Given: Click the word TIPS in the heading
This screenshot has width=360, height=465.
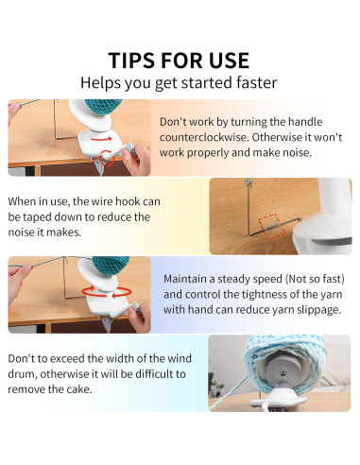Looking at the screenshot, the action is click(x=132, y=60).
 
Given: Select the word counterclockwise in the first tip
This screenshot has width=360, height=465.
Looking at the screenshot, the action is click(x=203, y=137).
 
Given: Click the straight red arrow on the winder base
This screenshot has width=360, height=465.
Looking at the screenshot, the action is click(x=101, y=138).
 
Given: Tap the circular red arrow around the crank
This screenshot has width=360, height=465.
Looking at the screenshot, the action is click(x=106, y=158).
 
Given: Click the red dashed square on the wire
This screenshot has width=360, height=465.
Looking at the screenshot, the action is click(x=272, y=227).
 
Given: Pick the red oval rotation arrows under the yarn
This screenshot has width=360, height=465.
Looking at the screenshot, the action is click(x=107, y=292).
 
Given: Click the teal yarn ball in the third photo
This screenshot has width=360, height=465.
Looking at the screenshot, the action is click(x=111, y=265).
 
